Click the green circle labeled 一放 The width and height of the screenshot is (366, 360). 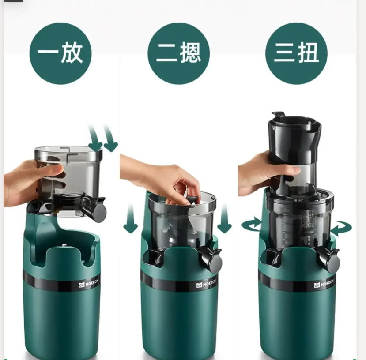[x=60, y=53]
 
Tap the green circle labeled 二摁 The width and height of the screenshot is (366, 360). [x=178, y=53]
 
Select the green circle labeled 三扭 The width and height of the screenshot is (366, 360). [x=296, y=53]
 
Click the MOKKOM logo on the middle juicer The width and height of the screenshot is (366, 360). [x=206, y=285]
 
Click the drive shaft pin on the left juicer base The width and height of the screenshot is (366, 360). [x=64, y=246]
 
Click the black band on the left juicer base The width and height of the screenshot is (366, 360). [x=49, y=282]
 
